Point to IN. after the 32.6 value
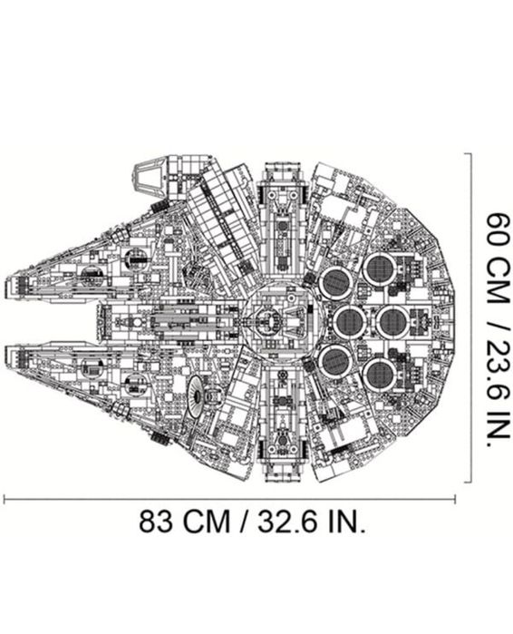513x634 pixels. pyautogui.click(x=340, y=523)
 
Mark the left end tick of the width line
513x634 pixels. pyautogui.click(x=5, y=497)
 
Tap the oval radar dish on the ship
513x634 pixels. pyautogui.click(x=198, y=390)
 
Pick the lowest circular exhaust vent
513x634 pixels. pyautogui.click(x=379, y=373)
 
